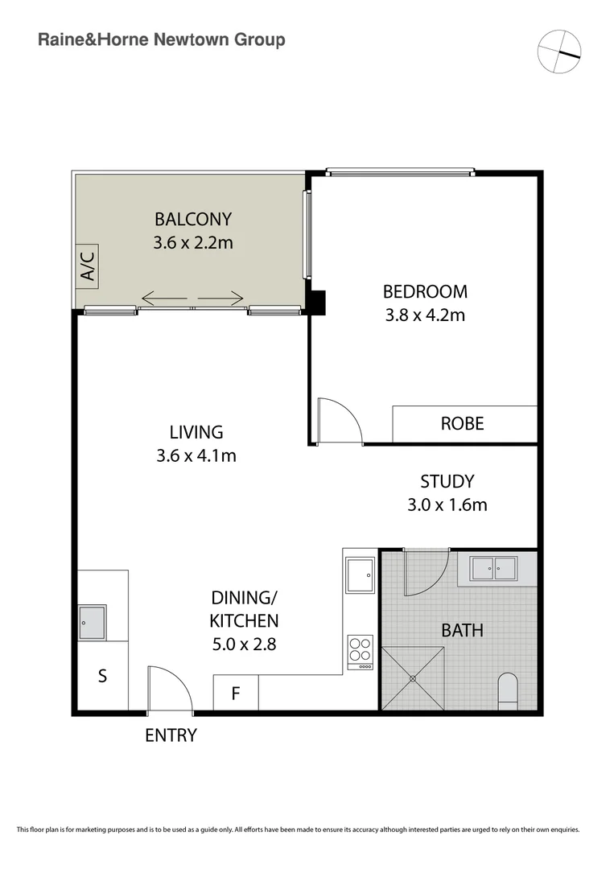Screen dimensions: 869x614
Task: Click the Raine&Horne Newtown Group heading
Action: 162,39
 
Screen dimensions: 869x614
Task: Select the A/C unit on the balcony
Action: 87,266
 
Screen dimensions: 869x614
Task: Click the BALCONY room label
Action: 193,219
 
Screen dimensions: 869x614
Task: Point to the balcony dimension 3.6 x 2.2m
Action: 193,241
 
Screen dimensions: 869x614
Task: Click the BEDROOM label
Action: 425,291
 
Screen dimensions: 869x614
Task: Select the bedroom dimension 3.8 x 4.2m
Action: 425,315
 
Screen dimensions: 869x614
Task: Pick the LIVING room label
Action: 196,432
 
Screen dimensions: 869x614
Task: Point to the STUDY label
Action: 447,482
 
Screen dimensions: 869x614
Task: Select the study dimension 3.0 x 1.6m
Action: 447,505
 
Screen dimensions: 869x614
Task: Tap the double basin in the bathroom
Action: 494,568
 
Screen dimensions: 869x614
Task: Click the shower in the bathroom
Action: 413,677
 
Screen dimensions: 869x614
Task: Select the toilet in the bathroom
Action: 509,690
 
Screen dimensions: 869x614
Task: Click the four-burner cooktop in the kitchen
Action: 360,652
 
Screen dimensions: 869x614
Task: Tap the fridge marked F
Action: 235,693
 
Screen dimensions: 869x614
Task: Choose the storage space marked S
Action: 102,676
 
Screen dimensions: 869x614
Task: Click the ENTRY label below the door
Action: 171,735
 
